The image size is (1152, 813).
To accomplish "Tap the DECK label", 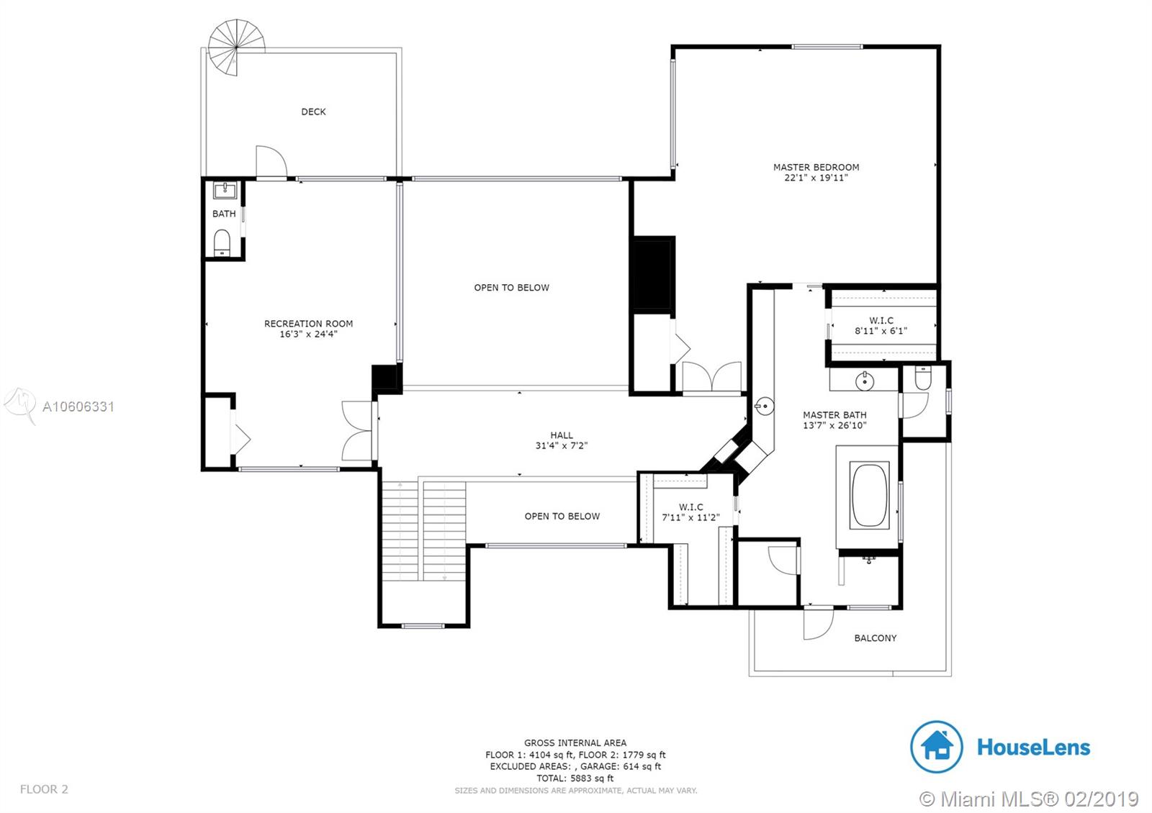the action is click(313, 112).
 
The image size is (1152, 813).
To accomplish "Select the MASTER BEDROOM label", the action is click(816, 167).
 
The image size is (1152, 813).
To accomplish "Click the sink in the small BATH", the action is click(225, 190).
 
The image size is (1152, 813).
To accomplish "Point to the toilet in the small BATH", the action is click(222, 242).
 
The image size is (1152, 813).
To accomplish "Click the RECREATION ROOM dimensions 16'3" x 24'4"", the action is click(308, 334).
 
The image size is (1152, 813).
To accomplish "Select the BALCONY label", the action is click(876, 637).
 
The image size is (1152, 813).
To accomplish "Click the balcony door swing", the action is click(818, 623).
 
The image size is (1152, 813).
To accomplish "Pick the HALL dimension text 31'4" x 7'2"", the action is click(561, 445).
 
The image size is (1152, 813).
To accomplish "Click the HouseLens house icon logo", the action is click(937, 747).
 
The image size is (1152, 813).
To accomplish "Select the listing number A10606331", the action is click(78, 407).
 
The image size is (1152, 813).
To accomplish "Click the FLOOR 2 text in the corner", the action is click(44, 789).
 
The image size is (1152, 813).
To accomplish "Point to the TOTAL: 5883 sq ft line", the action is click(575, 778).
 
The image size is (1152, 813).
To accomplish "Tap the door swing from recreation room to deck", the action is click(271, 161).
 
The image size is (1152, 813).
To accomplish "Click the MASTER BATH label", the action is click(834, 414).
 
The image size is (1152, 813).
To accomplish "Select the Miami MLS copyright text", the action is click(1029, 799).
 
